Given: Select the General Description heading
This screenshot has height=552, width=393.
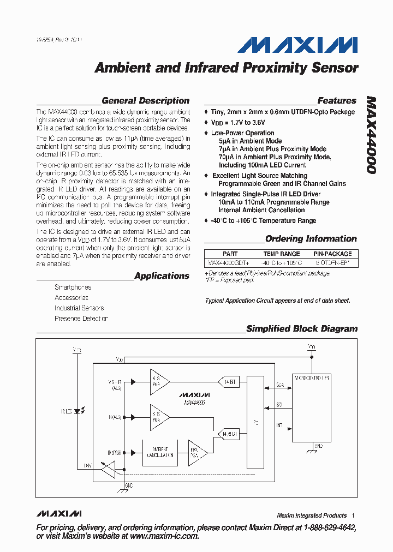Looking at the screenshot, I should pos(145,100).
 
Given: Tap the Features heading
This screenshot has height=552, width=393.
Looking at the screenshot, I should pos(337,100).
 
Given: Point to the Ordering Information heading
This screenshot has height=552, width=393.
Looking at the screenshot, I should pos(311,239).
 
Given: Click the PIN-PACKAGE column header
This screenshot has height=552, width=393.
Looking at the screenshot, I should pos(332,254).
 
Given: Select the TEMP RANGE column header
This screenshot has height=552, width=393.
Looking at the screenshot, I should pos(282,254).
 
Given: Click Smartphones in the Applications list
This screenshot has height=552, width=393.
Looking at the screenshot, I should pos(73,287).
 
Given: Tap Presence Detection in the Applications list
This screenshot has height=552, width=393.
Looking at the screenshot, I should pos(81,319).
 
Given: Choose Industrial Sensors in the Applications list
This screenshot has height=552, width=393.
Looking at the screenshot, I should pos(79,308).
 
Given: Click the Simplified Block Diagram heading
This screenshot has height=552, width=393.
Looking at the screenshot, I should pos(302,329).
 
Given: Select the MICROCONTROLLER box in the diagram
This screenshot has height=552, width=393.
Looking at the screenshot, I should pos(312,409).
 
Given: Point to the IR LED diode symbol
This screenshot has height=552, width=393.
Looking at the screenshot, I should pos(76,410).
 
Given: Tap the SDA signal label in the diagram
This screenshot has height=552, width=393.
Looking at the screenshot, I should pos(279,385).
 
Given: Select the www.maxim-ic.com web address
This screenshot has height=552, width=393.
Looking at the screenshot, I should pos(164,536).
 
